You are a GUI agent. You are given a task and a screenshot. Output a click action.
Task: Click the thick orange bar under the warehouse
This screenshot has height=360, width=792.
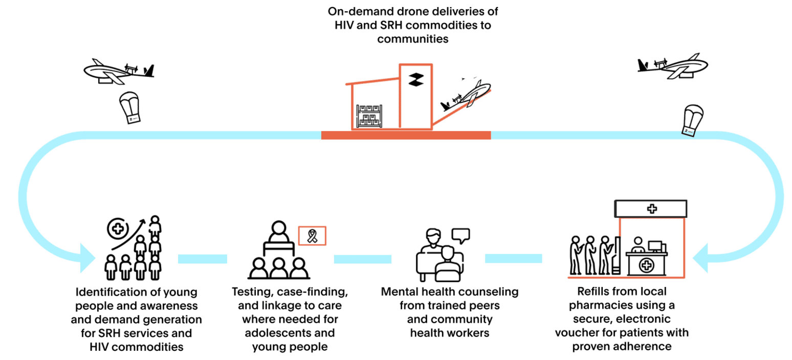pos(406,135)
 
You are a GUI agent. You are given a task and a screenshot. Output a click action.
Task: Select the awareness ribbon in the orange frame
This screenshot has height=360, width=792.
pos(312,236)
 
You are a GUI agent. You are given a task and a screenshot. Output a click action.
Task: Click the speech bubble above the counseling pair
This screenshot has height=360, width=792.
pos(460,235)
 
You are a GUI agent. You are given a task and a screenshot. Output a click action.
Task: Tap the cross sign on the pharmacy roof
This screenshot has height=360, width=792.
pos(651,209)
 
